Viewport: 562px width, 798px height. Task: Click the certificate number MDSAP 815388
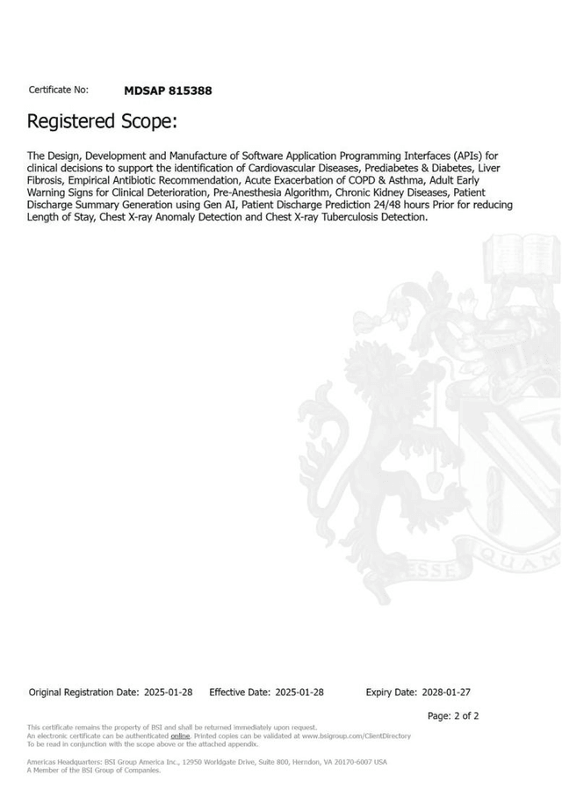(x=168, y=91)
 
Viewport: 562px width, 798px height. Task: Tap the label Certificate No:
(x=58, y=91)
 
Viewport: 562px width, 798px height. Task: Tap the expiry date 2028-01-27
(x=445, y=693)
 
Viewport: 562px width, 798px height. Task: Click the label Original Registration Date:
(x=83, y=693)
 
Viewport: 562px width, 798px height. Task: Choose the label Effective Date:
(x=240, y=693)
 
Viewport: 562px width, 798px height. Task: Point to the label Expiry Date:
(x=391, y=693)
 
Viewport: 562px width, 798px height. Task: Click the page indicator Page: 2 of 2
(x=453, y=716)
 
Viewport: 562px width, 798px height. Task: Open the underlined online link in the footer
(x=180, y=736)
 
